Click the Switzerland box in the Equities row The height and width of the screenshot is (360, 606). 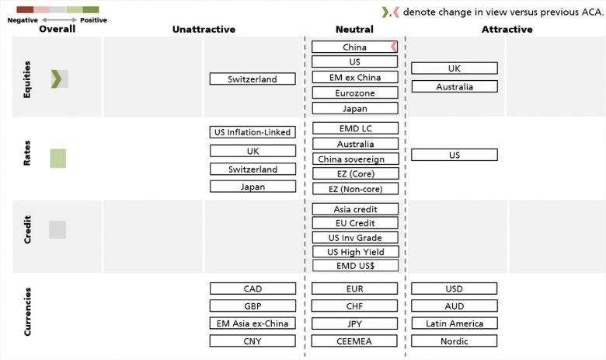click(x=252, y=79)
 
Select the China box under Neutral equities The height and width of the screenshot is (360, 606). click(x=354, y=47)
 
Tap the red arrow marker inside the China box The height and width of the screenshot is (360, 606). click(x=394, y=47)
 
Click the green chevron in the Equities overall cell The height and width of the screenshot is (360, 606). click(x=56, y=79)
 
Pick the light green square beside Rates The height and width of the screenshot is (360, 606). click(x=58, y=158)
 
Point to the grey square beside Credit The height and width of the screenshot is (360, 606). click(x=57, y=229)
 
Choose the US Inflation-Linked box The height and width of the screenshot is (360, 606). click(x=252, y=132)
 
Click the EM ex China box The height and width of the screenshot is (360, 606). click(x=355, y=77)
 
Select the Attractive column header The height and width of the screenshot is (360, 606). click(x=507, y=30)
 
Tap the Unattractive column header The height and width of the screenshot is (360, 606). click(x=204, y=30)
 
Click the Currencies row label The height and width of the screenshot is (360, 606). click(x=27, y=312)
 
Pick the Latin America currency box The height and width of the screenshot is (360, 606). click(x=454, y=323)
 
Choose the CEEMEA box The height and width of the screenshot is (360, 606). click(x=354, y=341)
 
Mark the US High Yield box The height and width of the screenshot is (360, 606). click(x=356, y=252)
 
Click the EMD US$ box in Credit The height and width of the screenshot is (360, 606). click(x=356, y=266)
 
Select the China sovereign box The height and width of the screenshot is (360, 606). click(x=356, y=159)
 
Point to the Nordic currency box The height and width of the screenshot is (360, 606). click(x=454, y=341)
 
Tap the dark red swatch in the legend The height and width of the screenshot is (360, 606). click(x=25, y=9)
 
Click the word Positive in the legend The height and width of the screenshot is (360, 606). click(x=93, y=20)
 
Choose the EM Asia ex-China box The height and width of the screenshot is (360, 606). click(x=252, y=323)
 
